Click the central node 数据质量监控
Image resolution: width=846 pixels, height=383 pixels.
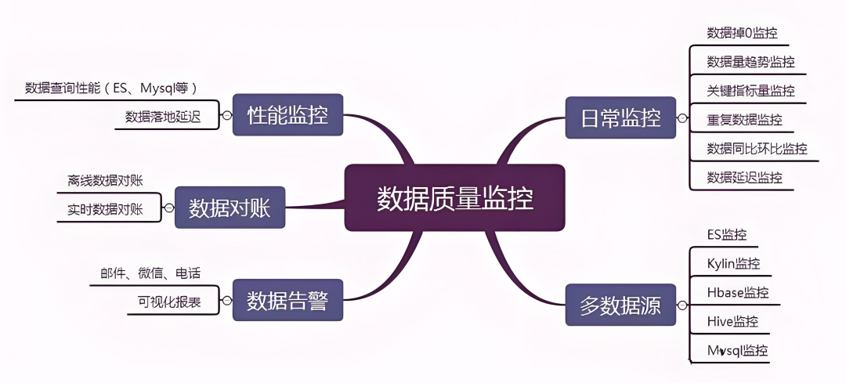click(454, 197)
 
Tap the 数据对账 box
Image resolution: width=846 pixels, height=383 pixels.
click(229, 207)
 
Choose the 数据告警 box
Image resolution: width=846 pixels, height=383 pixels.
click(287, 299)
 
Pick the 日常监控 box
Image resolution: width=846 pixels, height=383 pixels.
click(620, 118)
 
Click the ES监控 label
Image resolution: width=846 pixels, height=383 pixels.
click(726, 234)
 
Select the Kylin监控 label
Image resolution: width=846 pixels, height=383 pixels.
click(733, 263)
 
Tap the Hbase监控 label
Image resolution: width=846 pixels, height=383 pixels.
click(737, 292)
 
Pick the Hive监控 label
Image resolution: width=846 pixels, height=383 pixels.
click(732, 321)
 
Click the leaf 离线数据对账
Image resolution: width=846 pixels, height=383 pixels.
click(105, 181)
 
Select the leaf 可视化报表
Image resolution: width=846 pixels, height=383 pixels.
click(164, 302)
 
